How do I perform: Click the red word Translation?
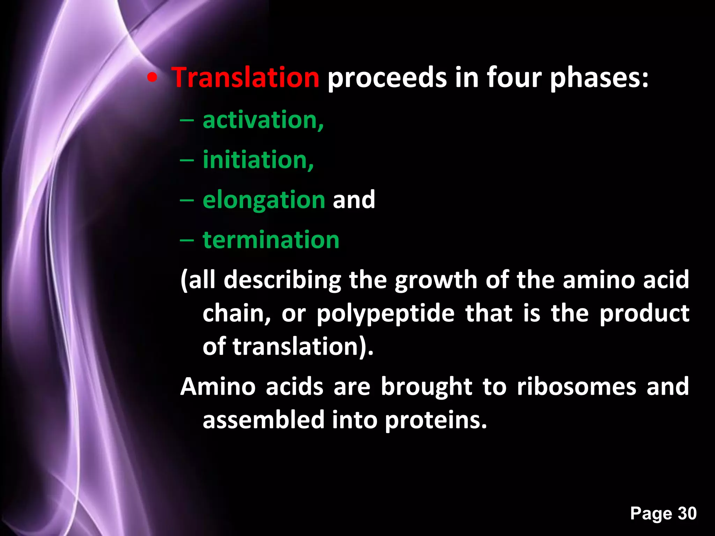pos(245,77)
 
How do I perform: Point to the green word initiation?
pos(258,160)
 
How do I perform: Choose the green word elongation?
pos(264,200)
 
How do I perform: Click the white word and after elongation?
pos(354,200)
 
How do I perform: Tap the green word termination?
pos(271,240)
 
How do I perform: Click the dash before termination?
pos(187,240)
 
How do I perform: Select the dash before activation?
pos(187,120)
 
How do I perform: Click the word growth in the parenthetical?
pos(436,280)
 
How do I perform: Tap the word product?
pos(644,313)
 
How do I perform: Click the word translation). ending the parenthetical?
pos(303,347)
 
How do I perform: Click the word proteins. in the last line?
pos(436,420)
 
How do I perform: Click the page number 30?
pos(687,513)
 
